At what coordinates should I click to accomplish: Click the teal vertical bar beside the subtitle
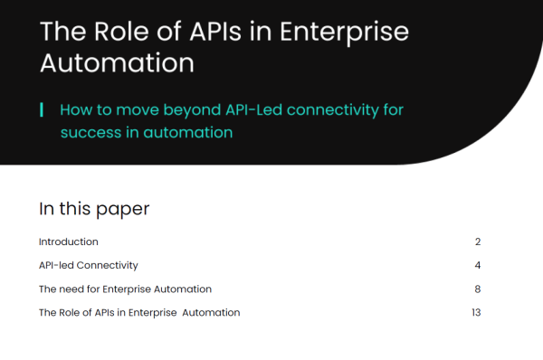click(42, 110)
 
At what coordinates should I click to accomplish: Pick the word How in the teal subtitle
click(75, 110)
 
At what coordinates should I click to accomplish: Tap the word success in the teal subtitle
click(89, 132)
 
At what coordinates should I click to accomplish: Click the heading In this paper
click(94, 209)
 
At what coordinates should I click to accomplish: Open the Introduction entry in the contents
click(68, 242)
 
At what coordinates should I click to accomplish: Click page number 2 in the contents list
click(477, 242)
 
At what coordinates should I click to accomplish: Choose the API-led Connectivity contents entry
click(88, 265)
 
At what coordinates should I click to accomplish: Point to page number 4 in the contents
click(477, 265)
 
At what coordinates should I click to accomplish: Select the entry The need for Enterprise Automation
click(125, 289)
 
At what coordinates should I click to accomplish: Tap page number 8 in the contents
click(477, 289)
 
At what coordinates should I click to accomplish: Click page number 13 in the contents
click(475, 313)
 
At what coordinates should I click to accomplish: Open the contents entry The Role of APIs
click(138, 313)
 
